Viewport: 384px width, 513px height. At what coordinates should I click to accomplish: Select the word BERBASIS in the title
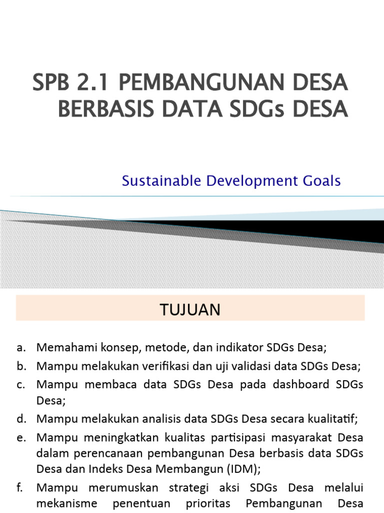tap(98, 109)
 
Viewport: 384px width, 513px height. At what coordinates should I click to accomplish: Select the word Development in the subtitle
tap(245, 181)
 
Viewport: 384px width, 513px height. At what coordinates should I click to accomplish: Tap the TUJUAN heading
tap(190, 310)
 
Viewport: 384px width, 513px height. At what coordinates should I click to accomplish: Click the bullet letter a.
tap(20, 347)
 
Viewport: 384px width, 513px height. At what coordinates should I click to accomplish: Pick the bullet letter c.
tap(20, 385)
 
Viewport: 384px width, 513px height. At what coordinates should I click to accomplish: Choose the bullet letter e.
tap(20, 437)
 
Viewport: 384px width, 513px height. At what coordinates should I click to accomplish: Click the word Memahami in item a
tap(61, 347)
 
